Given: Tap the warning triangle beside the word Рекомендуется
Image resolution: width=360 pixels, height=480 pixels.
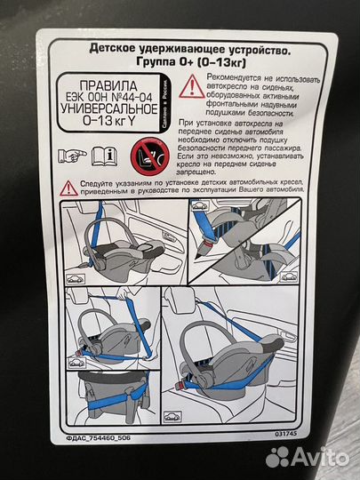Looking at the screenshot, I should (188, 86).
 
